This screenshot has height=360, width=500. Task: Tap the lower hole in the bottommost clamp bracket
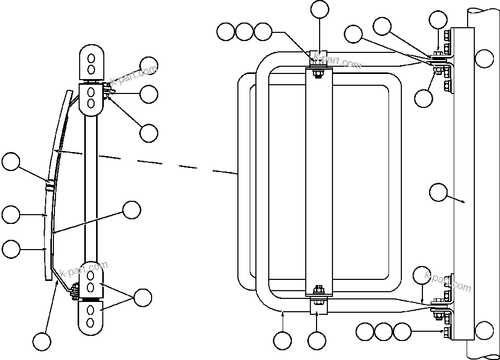tap(91, 322)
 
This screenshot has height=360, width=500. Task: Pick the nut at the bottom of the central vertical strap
tap(319, 289)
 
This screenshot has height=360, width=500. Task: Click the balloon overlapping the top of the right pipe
tap(484, 58)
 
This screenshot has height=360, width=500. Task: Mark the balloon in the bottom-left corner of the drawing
tap(42, 341)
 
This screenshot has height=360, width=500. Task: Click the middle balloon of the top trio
tap(244, 32)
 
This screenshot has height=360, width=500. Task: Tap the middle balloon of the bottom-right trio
tap(384, 332)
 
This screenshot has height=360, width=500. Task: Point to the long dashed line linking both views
tap(164, 163)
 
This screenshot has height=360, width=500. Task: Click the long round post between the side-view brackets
tap(91, 185)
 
